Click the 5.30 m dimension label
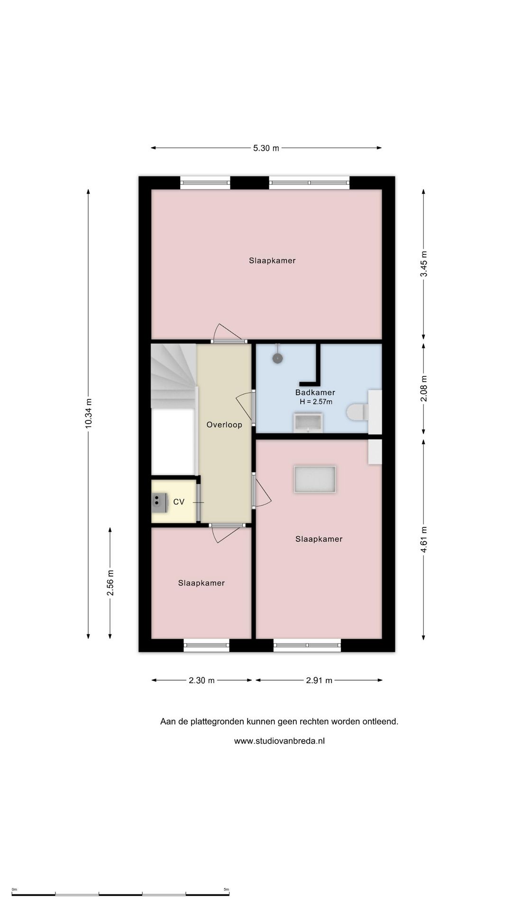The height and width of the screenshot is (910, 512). pos(266,148)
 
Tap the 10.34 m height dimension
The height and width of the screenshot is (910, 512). pos(89,414)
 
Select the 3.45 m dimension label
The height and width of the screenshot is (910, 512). pos(424,264)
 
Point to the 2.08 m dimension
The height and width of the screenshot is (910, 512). pos(424,389)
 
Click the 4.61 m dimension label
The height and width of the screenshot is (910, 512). pos(424,539)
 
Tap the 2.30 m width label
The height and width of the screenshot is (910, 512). pos(201,681)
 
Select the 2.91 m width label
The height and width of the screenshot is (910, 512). pos(319,681)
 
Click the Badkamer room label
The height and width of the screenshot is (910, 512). pos(315,392)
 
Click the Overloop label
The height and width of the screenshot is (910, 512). pos(224,425)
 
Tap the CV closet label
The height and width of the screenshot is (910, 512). pos(179,502)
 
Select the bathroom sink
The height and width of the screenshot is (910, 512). pos(308,423)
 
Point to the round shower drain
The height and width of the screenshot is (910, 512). pos(277,358)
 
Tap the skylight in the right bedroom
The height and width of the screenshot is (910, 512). pos(315,479)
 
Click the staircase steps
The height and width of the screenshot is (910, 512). pos(173,374)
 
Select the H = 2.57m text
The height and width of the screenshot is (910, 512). pos(316,402)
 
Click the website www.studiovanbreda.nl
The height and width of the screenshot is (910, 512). pos(279,741)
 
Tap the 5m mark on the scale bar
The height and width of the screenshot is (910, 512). pos(227,890)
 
